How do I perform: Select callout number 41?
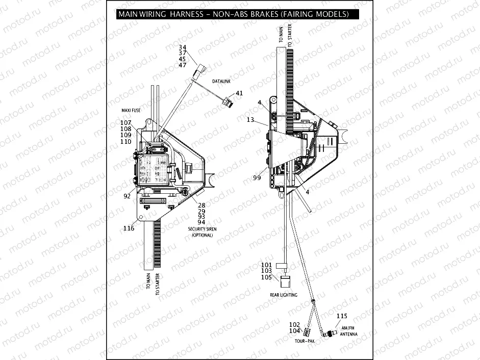(x=239, y=93)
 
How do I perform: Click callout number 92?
(x=127, y=195)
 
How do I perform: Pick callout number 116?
(x=129, y=228)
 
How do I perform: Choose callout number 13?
(x=250, y=120)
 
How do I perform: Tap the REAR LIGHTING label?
(x=284, y=295)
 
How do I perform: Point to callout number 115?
(x=341, y=316)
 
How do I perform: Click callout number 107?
(x=126, y=122)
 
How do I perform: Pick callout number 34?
(x=183, y=47)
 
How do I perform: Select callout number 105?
(x=267, y=277)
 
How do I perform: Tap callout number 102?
(x=294, y=324)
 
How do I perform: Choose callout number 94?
(x=201, y=222)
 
